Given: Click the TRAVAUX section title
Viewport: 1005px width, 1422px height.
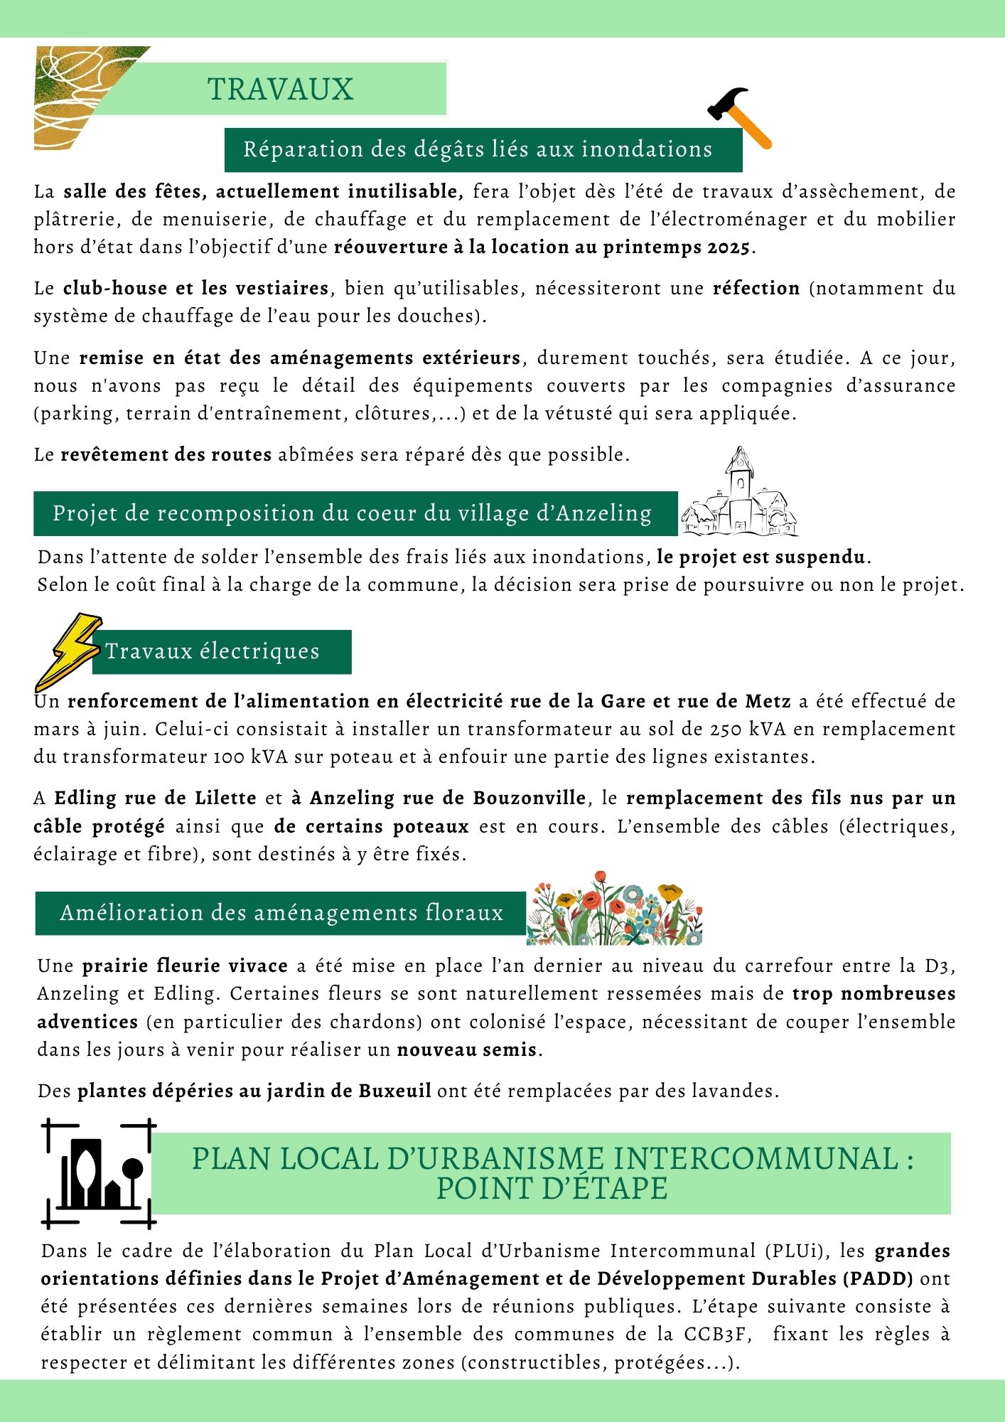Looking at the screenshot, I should pyautogui.click(x=280, y=90).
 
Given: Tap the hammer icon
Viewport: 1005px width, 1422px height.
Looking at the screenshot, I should pyautogui.click(x=739, y=117).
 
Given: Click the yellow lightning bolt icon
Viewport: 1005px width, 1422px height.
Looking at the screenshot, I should pyautogui.click(x=68, y=651).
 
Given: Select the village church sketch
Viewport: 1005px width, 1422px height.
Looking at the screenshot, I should pyautogui.click(x=739, y=493).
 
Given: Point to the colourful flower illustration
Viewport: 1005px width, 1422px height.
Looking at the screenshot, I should pyautogui.click(x=614, y=909).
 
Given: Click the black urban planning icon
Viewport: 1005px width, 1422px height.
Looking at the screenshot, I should pyautogui.click(x=99, y=1173).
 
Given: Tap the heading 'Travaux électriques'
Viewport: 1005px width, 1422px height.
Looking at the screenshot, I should pyautogui.click(x=213, y=651).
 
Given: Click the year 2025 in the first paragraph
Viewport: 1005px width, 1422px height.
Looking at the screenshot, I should pyautogui.click(x=729, y=247).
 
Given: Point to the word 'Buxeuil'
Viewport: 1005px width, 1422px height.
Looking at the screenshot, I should pyautogui.click(x=394, y=1091).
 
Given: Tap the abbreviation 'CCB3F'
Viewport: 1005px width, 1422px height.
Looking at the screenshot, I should pyautogui.click(x=718, y=1334).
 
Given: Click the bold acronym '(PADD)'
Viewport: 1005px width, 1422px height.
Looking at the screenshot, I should pyautogui.click(x=878, y=1278).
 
